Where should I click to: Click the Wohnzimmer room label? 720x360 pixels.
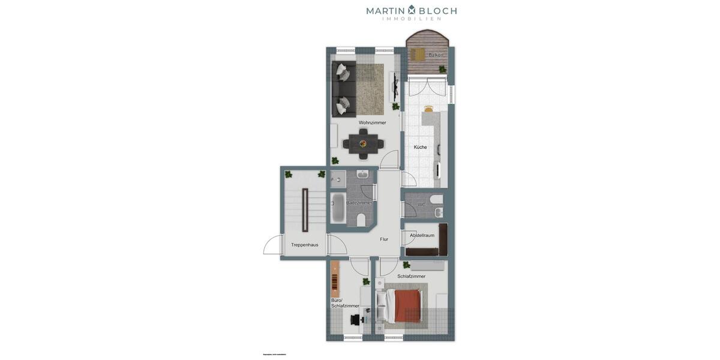[x=372, y=122]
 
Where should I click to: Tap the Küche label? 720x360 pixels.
[x=420, y=147]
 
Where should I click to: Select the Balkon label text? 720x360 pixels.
[x=436, y=55]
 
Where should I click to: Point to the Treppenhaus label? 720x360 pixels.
[x=304, y=245]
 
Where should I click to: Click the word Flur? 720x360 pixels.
[x=384, y=239]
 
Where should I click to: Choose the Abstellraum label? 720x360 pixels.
[x=422, y=235]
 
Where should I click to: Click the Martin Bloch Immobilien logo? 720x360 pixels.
[x=412, y=12]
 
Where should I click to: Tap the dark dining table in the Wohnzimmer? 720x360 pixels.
[x=364, y=144]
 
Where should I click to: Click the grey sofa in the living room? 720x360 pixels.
[x=343, y=89]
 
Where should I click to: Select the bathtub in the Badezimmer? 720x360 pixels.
[x=337, y=208]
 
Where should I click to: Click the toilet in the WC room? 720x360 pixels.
[x=436, y=199]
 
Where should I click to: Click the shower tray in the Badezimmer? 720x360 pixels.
[x=337, y=178]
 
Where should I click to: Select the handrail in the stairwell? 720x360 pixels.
[x=305, y=210]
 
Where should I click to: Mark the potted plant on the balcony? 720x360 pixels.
[x=442, y=70]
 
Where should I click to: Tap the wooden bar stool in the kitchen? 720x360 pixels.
[x=428, y=109]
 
